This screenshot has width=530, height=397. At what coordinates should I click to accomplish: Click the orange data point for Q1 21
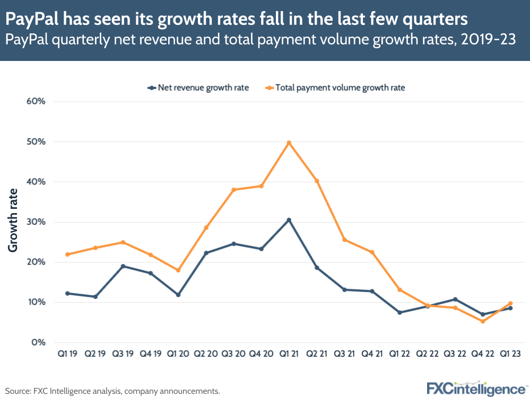pos(289,143)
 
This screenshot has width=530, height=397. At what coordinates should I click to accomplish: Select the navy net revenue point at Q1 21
pos(289,220)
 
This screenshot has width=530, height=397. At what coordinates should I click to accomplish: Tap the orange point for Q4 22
pos(482,321)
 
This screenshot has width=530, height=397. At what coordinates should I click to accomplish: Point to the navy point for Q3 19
pos(123,266)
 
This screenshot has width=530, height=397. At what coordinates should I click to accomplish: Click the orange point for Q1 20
pos(178,270)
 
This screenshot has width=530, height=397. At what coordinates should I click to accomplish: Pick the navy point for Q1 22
pos(399,312)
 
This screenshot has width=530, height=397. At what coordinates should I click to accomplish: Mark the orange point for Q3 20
pos(233,190)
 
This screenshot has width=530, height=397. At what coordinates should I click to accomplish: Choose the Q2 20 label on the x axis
pos(205,354)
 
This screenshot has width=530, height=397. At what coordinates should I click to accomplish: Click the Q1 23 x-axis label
pos(510,354)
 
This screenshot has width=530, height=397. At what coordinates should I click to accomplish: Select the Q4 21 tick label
pos(371,354)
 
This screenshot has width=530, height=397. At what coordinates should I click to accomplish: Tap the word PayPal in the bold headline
pos(33,20)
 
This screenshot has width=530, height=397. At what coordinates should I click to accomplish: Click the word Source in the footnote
pos(18,391)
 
